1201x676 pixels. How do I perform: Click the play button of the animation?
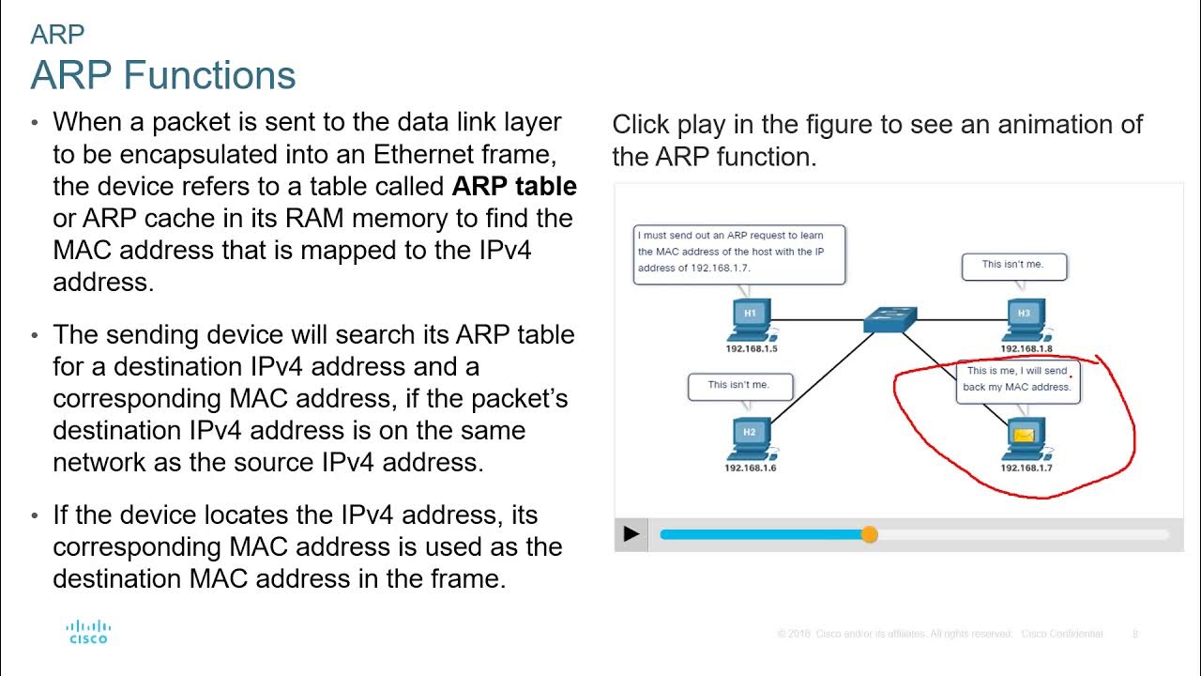point(631,534)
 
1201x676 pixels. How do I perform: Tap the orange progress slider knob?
point(869,534)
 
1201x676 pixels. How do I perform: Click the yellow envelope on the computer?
point(1024,436)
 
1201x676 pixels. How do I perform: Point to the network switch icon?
point(889,320)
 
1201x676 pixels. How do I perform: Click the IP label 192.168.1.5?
point(751,349)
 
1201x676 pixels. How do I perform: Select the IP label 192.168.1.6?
point(751,468)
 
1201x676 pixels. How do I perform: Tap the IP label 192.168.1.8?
point(1026,349)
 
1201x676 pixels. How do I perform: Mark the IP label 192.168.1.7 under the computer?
point(1026,468)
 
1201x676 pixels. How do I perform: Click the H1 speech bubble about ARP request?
point(739,253)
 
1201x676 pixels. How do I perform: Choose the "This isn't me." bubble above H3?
point(1013,266)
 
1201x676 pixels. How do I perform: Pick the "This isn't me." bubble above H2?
point(739,385)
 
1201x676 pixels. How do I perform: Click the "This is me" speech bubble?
point(1018,379)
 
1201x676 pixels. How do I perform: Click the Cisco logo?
point(88,632)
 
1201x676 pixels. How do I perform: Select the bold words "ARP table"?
point(514,186)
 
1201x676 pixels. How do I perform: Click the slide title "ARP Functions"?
point(163,75)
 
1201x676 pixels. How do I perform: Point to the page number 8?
point(1134,634)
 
